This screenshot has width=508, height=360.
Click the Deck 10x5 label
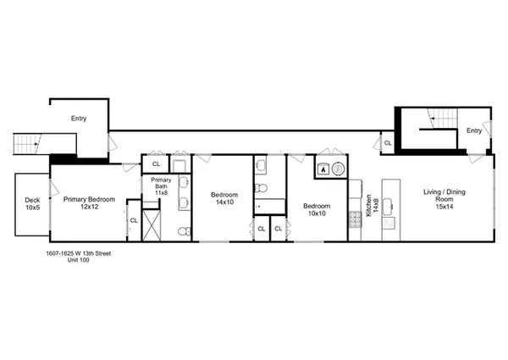point(31,203)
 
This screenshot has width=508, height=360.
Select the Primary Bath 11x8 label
point(161,187)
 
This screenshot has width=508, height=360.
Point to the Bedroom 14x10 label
point(224,198)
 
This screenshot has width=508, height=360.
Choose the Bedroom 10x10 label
point(317,208)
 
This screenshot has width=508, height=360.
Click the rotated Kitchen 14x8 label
point(370,206)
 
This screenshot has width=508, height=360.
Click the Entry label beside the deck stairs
point(79,119)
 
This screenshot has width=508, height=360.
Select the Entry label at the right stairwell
point(474,130)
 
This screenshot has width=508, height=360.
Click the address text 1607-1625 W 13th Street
point(76,252)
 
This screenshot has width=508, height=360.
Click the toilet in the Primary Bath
point(182,230)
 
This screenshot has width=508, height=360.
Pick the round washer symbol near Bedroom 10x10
point(338,168)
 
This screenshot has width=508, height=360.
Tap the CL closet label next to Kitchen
point(388,143)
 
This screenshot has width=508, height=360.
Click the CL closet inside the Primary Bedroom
point(134,221)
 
